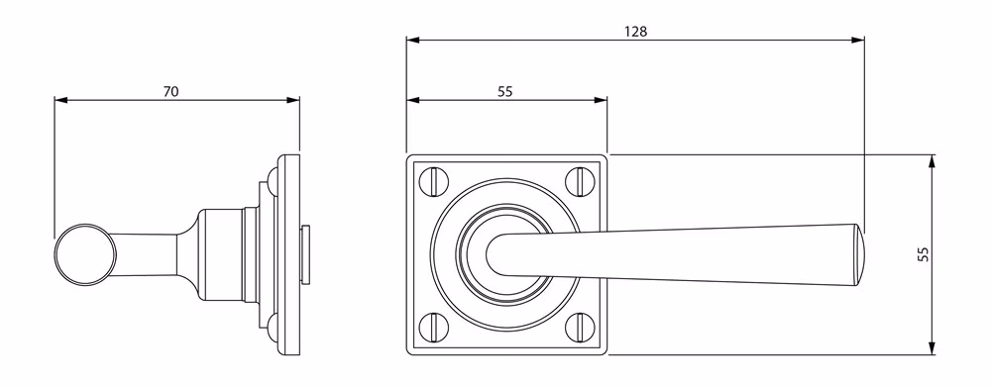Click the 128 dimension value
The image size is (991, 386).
[636, 32]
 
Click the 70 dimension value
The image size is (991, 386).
[170, 91]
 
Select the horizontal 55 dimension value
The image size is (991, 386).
[504, 91]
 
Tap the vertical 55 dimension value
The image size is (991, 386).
[924, 254]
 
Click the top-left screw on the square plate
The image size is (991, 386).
[434, 181]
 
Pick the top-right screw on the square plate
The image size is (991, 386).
[579, 181]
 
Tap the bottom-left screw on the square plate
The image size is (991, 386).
[434, 328]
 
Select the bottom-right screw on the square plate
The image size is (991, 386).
[579, 328]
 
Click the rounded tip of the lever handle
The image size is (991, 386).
[859, 254]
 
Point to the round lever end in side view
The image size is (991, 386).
[85, 254]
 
